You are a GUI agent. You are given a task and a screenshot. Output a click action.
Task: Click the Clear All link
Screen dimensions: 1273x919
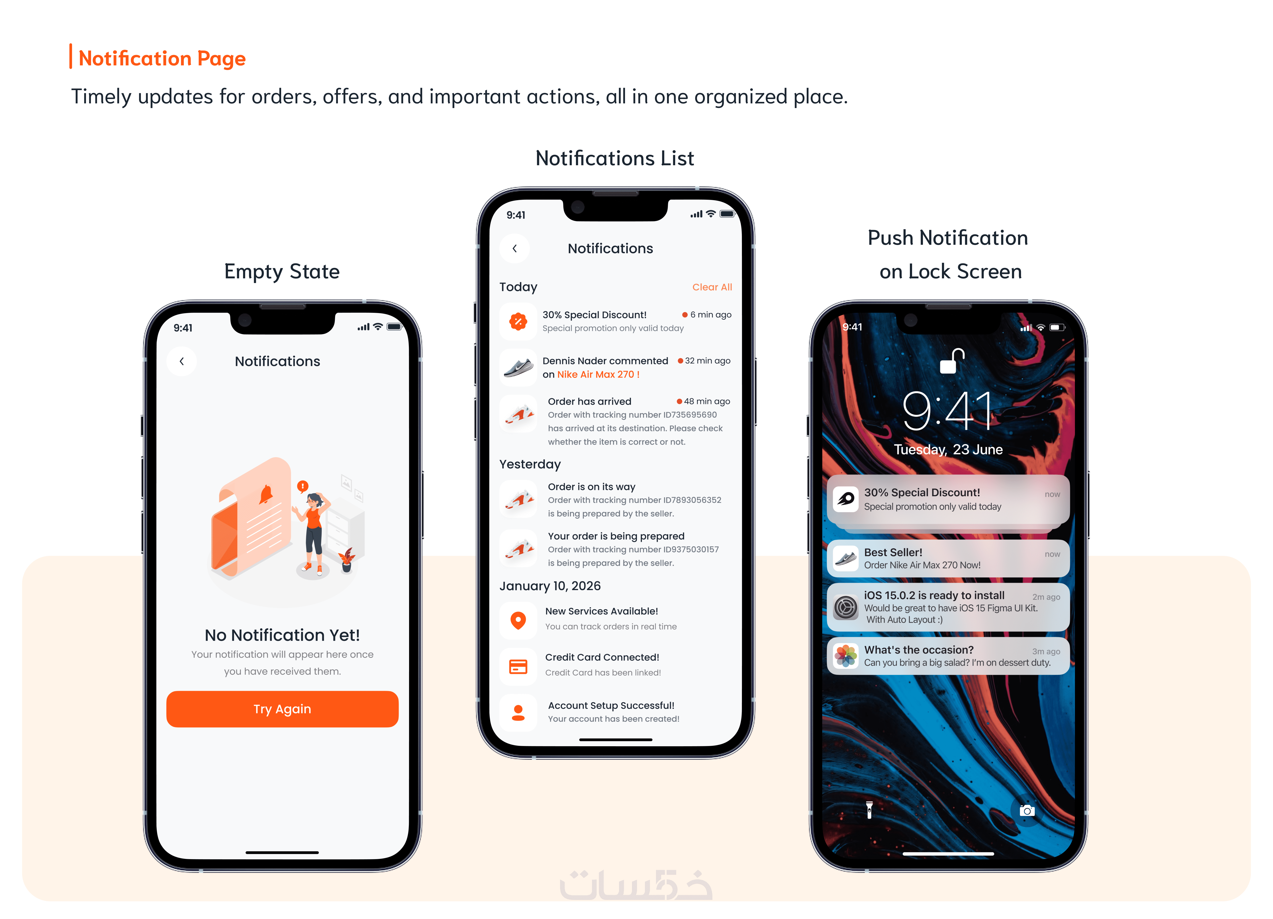(712, 287)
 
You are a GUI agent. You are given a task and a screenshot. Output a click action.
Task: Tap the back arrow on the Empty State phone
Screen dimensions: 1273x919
(182, 361)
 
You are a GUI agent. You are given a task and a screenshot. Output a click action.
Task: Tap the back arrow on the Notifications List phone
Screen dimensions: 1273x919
(515, 249)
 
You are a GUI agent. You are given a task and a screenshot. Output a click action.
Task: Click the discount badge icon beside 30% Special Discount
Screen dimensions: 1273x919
(518, 321)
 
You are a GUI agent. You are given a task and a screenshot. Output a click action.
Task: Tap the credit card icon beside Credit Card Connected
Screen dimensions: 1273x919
(518, 666)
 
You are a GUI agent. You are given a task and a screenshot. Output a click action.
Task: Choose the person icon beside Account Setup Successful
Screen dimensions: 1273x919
(518, 712)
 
